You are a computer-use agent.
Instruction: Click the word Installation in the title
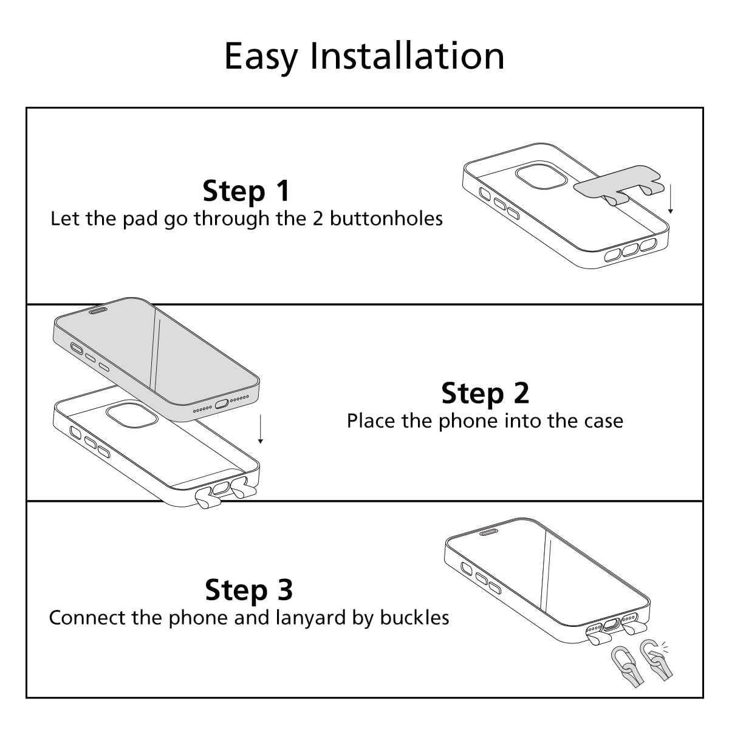[407, 56]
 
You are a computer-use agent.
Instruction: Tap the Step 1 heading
[246, 191]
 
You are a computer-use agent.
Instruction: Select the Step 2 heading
[485, 394]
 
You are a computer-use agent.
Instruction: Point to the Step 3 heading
[249, 590]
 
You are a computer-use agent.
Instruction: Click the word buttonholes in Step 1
[386, 219]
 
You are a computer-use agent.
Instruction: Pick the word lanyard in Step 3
[310, 618]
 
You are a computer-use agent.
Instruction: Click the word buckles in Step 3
[414, 618]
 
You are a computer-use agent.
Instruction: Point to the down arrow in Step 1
[670, 199]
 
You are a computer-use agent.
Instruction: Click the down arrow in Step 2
[260, 429]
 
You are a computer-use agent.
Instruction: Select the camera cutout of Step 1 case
[541, 177]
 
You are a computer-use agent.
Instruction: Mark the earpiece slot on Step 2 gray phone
[97, 310]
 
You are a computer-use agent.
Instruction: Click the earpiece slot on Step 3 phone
[489, 532]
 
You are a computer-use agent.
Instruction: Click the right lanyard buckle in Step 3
[655, 660]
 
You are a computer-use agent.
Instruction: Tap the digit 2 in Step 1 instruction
[318, 219]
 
